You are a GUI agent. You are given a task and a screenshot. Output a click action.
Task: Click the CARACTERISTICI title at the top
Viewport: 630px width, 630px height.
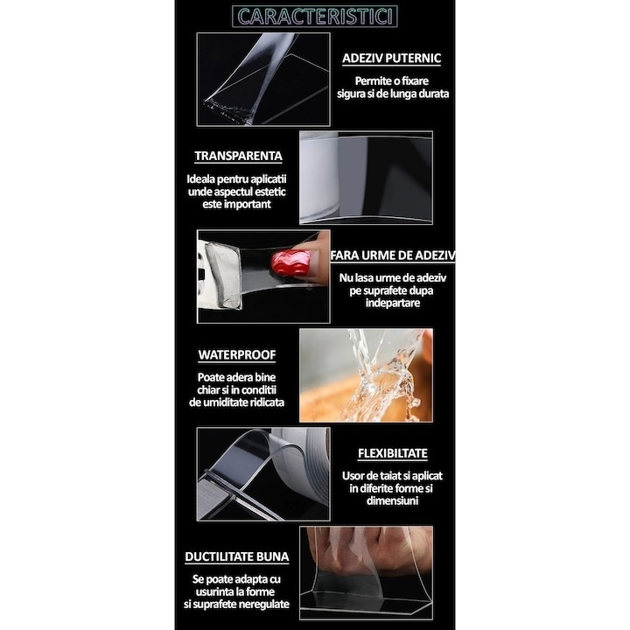(315, 16)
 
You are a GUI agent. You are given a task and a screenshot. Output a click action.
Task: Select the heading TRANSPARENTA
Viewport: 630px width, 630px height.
(238, 156)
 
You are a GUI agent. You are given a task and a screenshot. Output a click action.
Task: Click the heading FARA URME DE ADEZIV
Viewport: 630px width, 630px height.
(392, 256)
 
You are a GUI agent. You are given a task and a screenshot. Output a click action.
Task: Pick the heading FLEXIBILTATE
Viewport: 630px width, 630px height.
(393, 455)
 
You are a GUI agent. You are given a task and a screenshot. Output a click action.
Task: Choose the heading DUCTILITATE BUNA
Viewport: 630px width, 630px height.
(236, 556)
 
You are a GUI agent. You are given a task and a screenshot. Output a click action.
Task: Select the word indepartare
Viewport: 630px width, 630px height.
(393, 303)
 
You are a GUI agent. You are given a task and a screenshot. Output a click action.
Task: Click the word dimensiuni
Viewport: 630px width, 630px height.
(393, 501)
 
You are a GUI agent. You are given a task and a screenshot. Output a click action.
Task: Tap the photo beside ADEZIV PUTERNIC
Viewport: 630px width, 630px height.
(262, 79)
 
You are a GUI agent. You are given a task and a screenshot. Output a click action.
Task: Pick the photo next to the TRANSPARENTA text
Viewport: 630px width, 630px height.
(366, 178)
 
